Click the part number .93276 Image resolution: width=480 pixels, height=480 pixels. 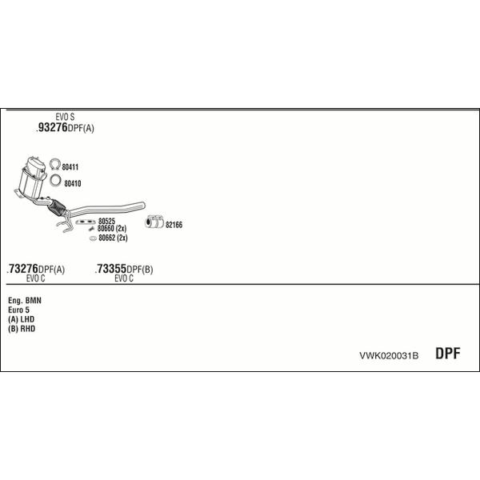pyautogui.click(x=52, y=127)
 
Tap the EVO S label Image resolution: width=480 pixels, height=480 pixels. pyautogui.click(x=65, y=117)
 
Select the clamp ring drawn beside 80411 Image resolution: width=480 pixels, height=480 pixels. pyautogui.click(x=55, y=164)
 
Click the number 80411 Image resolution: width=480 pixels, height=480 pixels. pyautogui.click(x=70, y=167)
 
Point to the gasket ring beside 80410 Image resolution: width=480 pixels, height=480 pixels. pyautogui.click(x=55, y=180)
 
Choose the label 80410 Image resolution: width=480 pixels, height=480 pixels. pyautogui.click(x=73, y=183)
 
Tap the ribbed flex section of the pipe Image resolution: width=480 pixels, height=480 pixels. pyautogui.click(x=57, y=207)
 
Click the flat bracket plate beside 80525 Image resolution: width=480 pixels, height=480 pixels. pyautogui.click(x=86, y=222)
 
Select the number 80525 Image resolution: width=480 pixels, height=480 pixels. pyautogui.click(x=106, y=221)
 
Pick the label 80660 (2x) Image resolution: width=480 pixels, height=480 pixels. pyautogui.click(x=112, y=228)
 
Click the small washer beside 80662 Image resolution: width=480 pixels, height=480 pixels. pyautogui.click(x=93, y=238)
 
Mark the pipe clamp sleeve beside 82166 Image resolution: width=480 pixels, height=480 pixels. pyautogui.click(x=154, y=222)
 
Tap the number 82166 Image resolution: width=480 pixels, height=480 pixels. pyautogui.click(x=174, y=225)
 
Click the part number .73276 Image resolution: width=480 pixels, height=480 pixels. pyautogui.click(x=22, y=269)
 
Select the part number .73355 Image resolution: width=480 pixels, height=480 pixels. pyautogui.click(x=111, y=269)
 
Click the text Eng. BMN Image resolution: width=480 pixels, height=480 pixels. pyautogui.click(x=25, y=300)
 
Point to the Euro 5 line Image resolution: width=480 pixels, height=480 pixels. pyautogui.click(x=19, y=310)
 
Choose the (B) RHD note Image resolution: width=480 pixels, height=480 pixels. pyautogui.click(x=22, y=329)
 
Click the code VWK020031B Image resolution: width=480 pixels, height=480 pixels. pyautogui.click(x=389, y=356)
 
